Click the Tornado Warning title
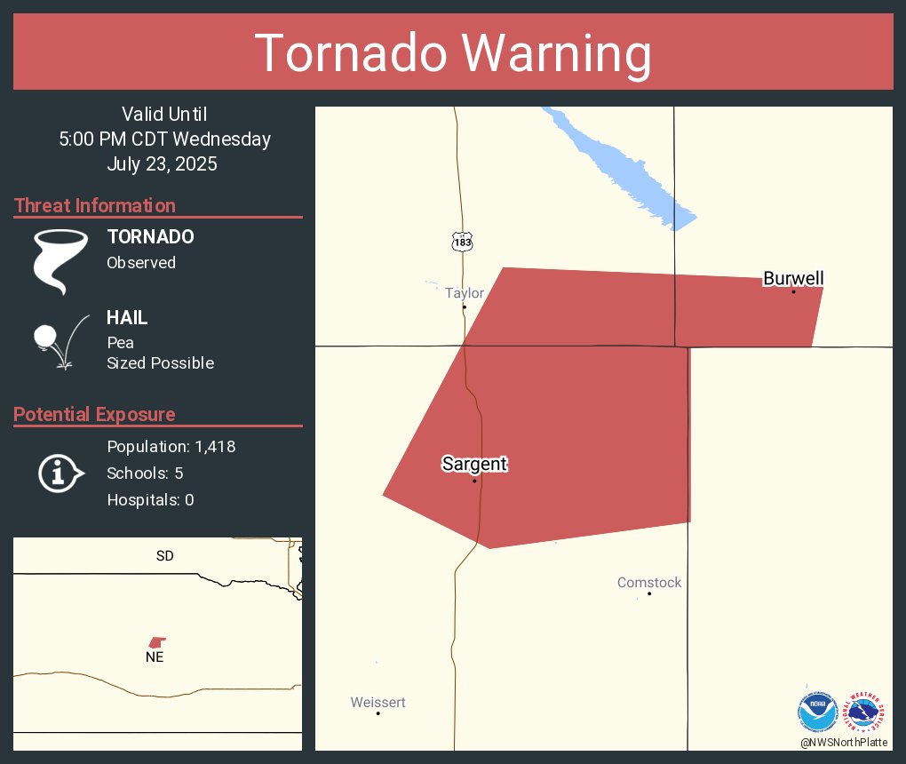[x=453, y=53]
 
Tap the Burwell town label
[x=793, y=278]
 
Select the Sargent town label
[x=474, y=464]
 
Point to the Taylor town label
[x=465, y=293]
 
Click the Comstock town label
[x=649, y=583]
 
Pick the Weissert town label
[x=377, y=702]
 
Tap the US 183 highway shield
[x=460, y=242]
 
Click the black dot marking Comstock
[x=649, y=593]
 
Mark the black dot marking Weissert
[x=378, y=713]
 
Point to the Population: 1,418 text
[x=171, y=447]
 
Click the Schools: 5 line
[x=145, y=474]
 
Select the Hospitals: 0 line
[x=150, y=500]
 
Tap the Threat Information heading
[x=95, y=206]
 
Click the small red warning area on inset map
[x=157, y=641]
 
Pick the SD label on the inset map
[x=164, y=556]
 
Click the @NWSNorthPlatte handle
[x=844, y=742]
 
